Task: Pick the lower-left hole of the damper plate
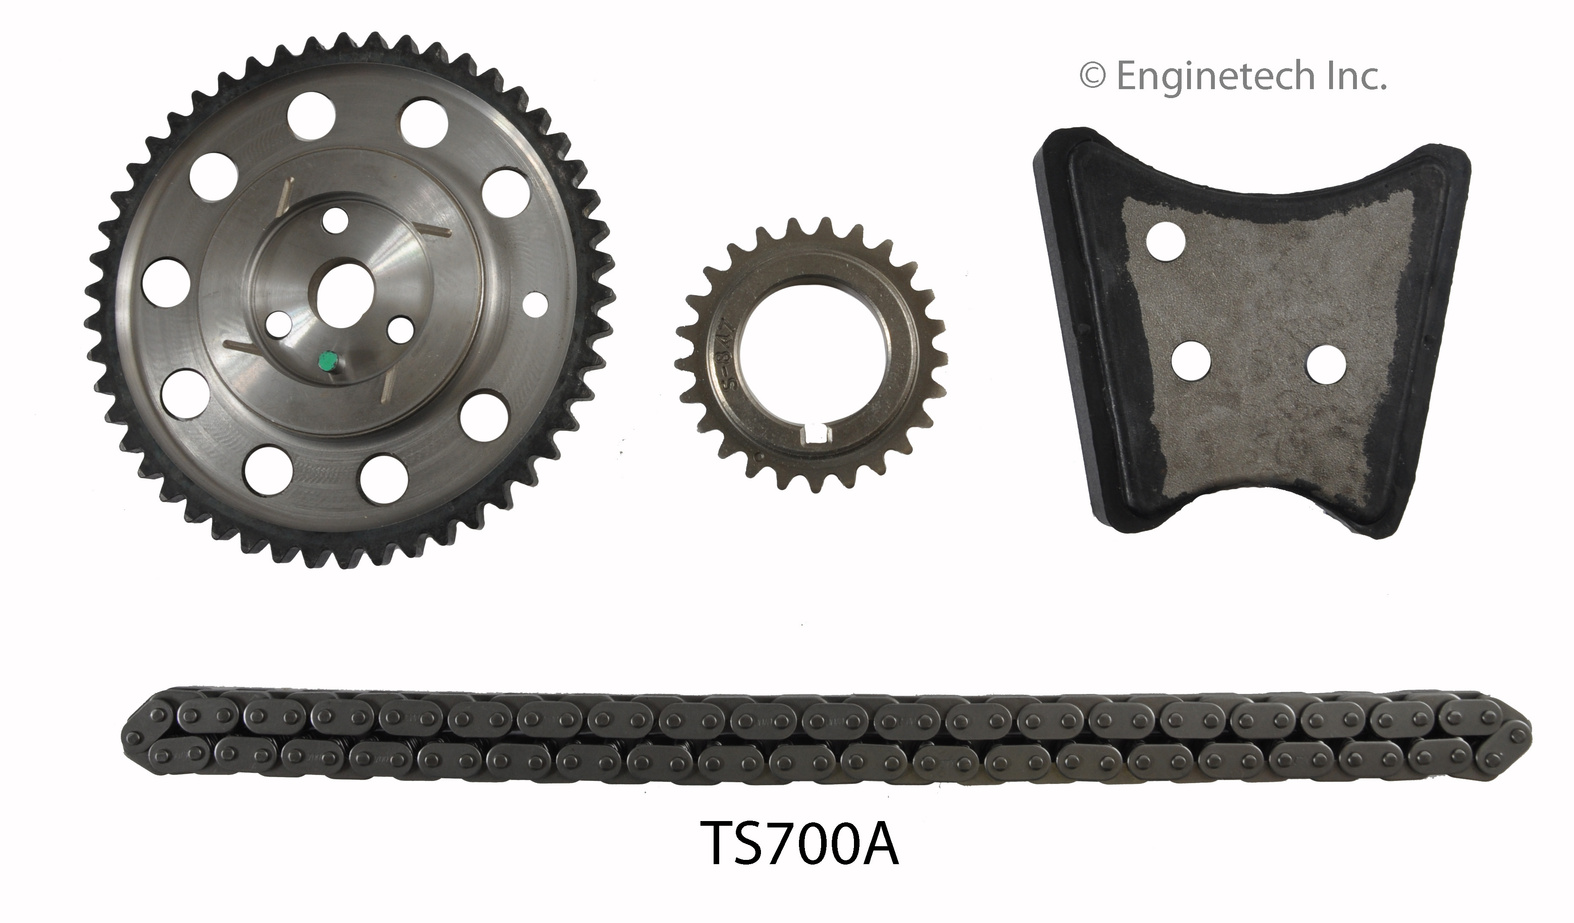pos(1191,361)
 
